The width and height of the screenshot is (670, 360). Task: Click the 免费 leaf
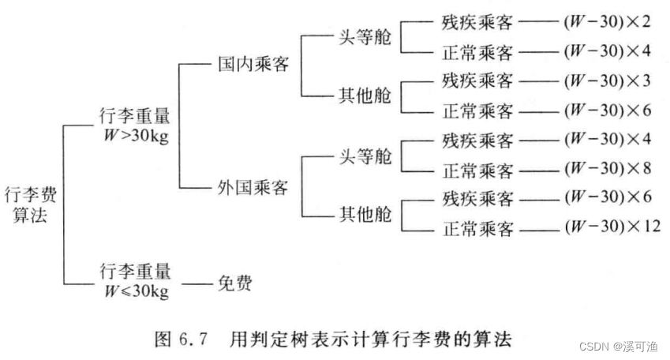pos(234,281)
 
